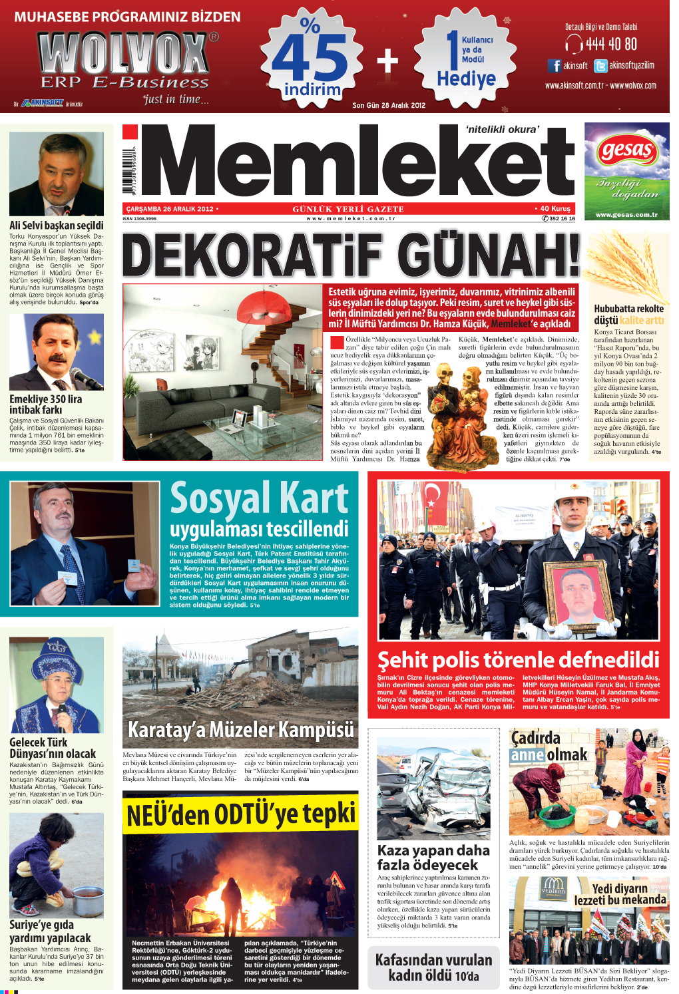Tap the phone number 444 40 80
point(610,45)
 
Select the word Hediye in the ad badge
point(466,79)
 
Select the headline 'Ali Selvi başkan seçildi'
point(57,225)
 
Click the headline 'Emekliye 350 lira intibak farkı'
point(45,405)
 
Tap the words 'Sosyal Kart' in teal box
point(259,499)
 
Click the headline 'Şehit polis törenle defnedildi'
point(518,659)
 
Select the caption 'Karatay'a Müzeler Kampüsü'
point(240,730)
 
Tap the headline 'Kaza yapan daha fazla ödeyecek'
point(433,858)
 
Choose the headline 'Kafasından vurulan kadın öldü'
point(433,967)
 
